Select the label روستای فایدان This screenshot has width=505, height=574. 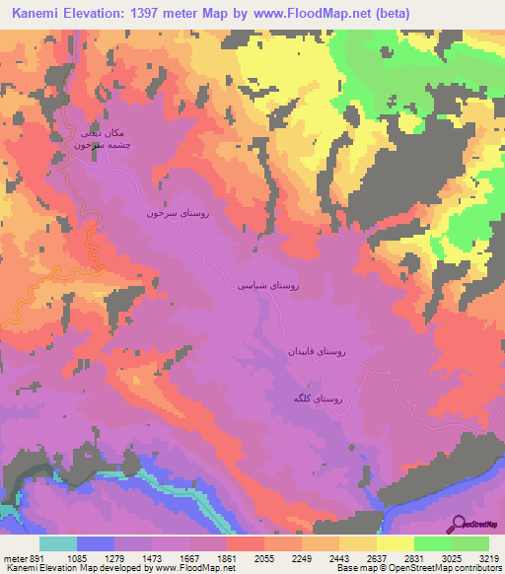(316, 351)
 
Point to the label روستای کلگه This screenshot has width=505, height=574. (318, 398)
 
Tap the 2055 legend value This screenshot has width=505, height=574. (264, 558)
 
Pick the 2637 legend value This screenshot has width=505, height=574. (377, 558)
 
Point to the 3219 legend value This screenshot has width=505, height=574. (489, 558)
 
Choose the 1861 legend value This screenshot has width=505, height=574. (227, 558)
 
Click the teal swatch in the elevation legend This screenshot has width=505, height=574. (57, 543)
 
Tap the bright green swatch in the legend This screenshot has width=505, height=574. (432, 543)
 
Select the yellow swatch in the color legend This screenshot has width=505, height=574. (395, 543)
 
